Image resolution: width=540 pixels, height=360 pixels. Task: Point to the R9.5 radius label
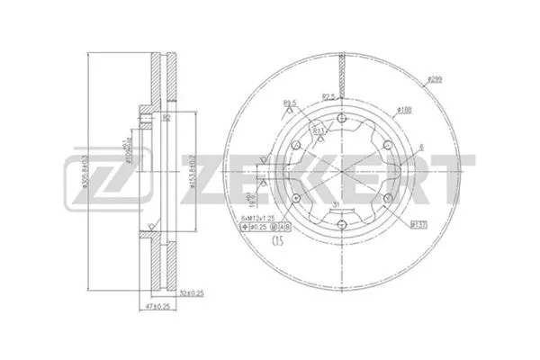click(x=290, y=102)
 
